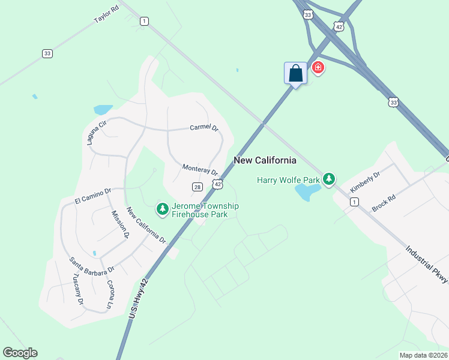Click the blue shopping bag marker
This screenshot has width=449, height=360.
[295, 74]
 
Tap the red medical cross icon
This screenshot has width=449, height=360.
[318, 68]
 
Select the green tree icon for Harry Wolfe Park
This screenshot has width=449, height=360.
[328, 179]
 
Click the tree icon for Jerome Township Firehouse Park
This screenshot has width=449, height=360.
[162, 209]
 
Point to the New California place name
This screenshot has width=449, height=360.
[265, 160]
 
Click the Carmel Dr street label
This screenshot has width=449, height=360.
[203, 128]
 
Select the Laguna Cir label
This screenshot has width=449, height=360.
[96, 132]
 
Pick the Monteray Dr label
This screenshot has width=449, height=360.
[200, 170]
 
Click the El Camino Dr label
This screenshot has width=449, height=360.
[93, 196]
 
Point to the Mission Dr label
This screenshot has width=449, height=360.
[119, 224]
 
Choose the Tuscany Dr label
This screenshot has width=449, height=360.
[77, 289]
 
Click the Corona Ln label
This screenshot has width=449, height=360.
[110, 294]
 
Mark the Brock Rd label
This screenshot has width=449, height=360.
[384, 202]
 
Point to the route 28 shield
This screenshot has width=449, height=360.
[197, 187]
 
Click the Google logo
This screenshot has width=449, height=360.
[20, 353]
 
